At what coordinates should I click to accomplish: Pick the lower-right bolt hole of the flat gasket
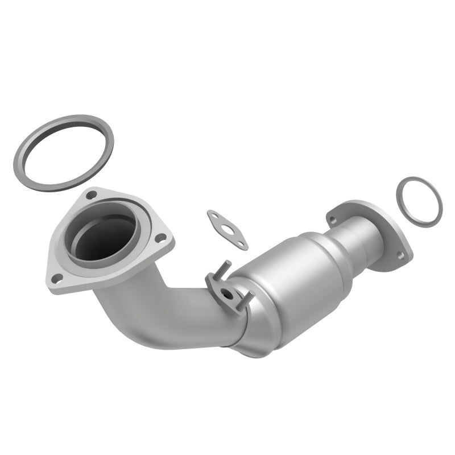point(242,244)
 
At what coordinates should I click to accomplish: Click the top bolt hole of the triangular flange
point(91,195)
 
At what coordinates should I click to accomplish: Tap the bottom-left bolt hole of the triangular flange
point(57,278)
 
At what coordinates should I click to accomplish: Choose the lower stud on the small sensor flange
point(246,301)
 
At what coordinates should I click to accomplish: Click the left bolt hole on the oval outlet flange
point(333,220)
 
